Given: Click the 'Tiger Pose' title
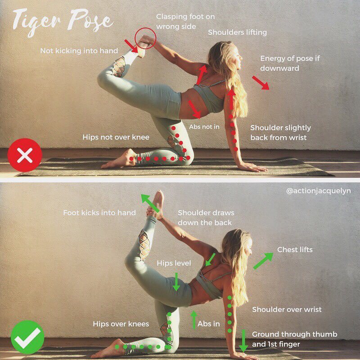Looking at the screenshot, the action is click(63, 22).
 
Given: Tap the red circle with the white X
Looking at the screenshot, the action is click(25, 155).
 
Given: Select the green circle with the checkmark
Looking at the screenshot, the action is click(27, 337).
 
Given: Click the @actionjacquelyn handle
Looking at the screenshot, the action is click(319, 191).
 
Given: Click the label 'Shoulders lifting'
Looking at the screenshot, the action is click(238, 32).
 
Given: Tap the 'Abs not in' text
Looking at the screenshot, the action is click(204, 127).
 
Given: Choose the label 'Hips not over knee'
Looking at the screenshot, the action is click(116, 137).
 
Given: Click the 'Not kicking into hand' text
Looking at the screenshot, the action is click(79, 51).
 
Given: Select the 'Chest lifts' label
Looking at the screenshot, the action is click(295, 250).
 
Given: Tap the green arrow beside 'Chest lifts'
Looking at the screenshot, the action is click(263, 261).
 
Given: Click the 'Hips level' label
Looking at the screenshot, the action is click(174, 263).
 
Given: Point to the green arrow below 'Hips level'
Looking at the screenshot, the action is click(176, 282).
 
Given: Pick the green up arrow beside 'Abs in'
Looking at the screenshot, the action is click(194, 320).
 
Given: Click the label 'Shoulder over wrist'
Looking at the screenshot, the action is click(287, 310).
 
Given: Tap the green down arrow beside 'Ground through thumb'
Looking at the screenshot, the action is click(243, 341).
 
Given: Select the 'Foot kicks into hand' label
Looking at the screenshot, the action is click(99, 213).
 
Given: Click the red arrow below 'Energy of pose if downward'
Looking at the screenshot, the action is click(261, 83).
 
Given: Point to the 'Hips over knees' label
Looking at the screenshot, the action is click(121, 324).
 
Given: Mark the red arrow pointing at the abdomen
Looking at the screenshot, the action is click(194, 109).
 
